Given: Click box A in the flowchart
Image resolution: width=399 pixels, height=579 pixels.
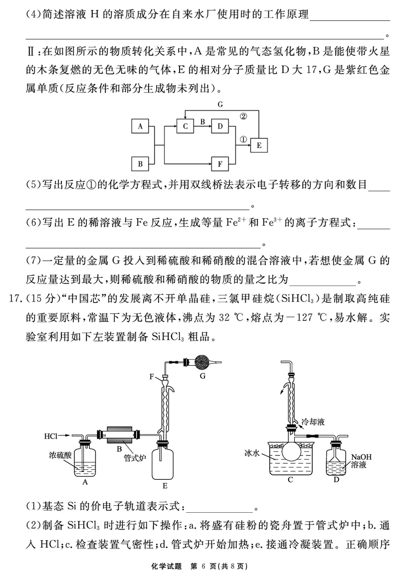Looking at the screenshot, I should coord(140,127).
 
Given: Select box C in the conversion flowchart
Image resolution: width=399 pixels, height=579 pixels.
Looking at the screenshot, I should coord(185,127).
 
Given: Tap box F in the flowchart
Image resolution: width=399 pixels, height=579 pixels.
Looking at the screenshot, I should coord(219,163).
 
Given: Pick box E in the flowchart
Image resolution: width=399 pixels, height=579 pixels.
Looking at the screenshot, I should coord(258,145).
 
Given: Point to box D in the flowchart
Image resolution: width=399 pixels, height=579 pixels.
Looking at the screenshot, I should coord(219,127).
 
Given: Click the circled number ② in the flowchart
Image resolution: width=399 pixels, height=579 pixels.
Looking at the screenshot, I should coord(243,116).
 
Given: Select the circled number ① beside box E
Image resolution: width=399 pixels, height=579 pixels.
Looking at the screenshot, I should coord(243,139).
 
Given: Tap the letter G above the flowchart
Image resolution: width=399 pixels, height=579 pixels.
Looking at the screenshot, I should coord(219,105).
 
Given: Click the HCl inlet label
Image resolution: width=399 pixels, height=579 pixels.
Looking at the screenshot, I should coord(50,436).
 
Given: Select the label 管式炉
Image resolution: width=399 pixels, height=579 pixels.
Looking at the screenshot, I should coord(134,458).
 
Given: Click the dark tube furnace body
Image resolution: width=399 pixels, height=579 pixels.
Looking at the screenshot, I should coord(119,436).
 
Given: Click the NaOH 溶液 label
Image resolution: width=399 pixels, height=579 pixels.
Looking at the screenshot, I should coord(362,461).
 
